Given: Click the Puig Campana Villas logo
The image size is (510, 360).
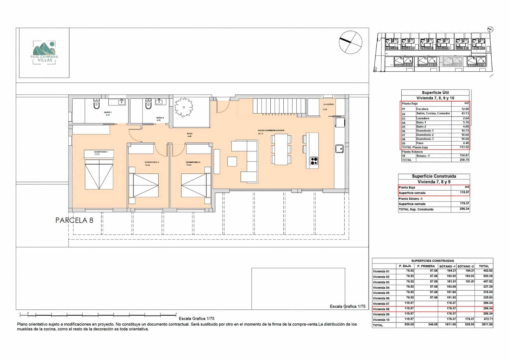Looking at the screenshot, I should tap(44, 53).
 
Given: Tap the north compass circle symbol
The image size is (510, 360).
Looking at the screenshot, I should tap(350, 42).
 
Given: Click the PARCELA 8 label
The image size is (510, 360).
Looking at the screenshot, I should tap(74, 220).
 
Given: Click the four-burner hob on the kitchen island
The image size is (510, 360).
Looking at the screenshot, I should tap(314, 161).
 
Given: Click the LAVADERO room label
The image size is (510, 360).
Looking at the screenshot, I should tap(328, 104).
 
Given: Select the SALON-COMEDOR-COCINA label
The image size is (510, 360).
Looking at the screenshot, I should tap(271, 130).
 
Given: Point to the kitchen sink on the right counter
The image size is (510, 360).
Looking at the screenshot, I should tap(339, 148).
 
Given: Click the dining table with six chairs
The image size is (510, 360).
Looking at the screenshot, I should tap(281, 149).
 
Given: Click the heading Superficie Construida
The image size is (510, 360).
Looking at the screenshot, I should tap(434, 176).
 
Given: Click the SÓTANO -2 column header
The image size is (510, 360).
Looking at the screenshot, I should tap(465, 266).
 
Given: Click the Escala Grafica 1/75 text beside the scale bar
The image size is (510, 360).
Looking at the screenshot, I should tap(196, 318).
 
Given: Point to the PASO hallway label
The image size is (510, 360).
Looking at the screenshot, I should tap(190, 134).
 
